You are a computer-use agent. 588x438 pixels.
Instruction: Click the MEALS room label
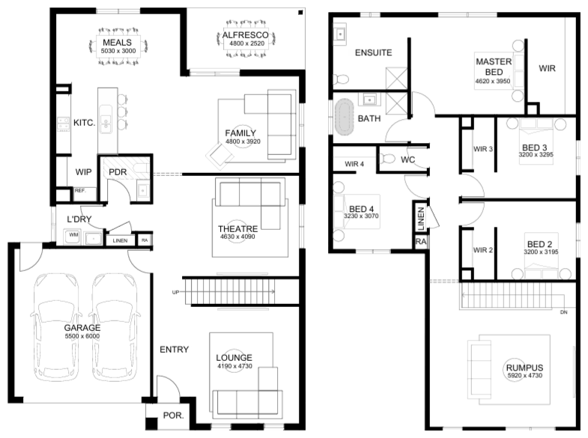[x=117, y=43]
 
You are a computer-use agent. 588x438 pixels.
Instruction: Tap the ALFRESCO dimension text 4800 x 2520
[x=246, y=43]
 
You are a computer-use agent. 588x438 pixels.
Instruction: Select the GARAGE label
[x=82, y=328]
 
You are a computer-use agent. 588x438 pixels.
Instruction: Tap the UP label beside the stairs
[x=175, y=292]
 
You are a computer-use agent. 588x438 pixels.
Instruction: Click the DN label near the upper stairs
[x=563, y=312]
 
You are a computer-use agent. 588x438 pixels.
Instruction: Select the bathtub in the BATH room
[x=345, y=117]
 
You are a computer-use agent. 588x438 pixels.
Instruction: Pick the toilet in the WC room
[x=388, y=159]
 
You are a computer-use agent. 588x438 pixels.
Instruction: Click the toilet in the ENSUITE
[x=342, y=79]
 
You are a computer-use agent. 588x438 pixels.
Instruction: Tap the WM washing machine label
[x=73, y=235]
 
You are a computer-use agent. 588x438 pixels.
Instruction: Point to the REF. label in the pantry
[x=80, y=191]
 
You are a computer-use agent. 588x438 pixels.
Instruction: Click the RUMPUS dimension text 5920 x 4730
[x=524, y=375]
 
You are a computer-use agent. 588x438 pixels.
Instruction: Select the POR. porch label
[x=173, y=416]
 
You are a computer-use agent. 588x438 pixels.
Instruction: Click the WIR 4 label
[x=354, y=164]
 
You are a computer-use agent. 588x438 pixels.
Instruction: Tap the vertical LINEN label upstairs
[x=421, y=218]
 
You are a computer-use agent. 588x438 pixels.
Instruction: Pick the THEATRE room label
[x=237, y=228]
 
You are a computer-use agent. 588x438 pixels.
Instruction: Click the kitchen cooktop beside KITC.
[x=63, y=124]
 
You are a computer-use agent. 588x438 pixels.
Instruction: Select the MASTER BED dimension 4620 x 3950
[x=493, y=82]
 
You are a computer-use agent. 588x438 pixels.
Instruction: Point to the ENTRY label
[x=174, y=350]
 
